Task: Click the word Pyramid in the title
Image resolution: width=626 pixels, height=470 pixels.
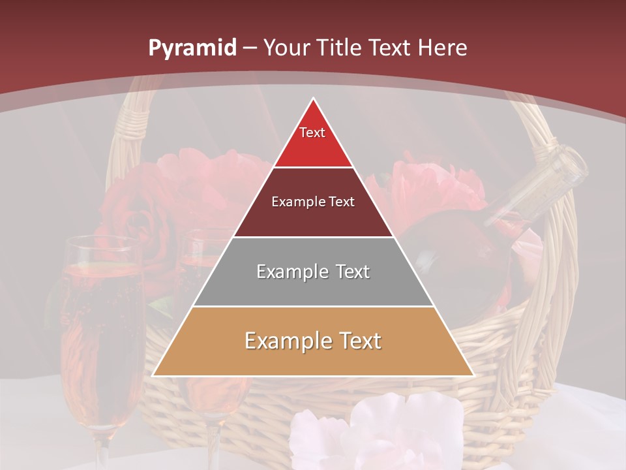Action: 192,48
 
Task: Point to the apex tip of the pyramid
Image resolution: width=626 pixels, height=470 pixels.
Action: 314,99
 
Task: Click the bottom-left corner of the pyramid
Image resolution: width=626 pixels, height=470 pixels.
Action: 154,375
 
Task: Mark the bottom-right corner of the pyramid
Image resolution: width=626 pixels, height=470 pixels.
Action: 473,375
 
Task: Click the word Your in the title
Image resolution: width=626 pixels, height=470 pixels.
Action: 287,48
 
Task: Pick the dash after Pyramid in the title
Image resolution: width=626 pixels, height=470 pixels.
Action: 250,48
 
